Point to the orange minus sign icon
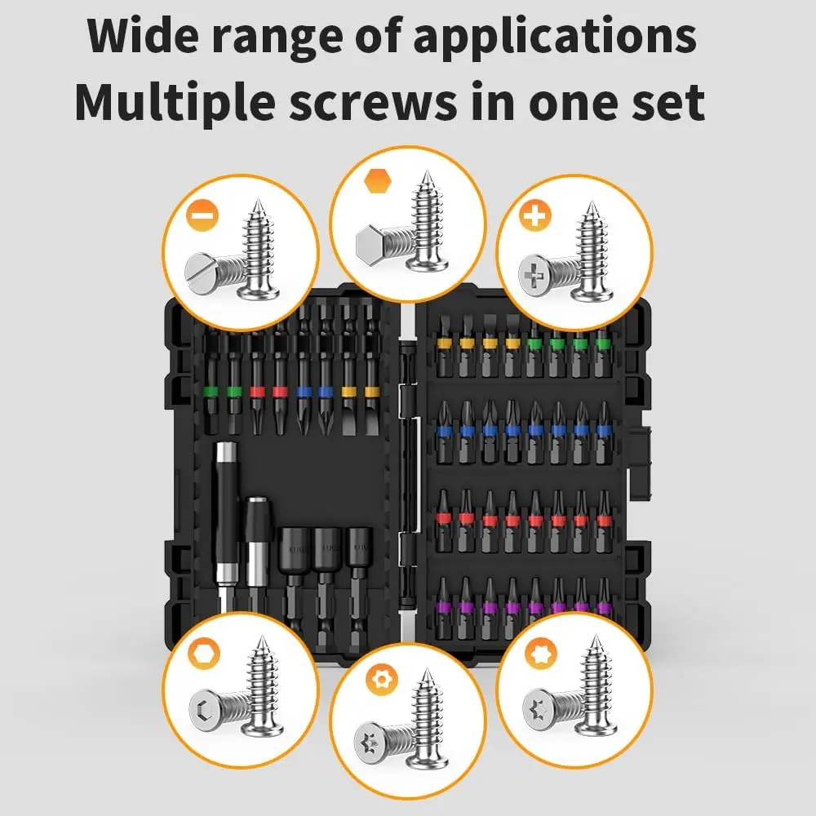point(202,215)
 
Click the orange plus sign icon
point(535,215)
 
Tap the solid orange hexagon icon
point(378,181)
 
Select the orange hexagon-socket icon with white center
point(204,653)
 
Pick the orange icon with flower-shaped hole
point(382,680)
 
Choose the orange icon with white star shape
point(541,653)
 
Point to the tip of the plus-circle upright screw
point(591,202)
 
